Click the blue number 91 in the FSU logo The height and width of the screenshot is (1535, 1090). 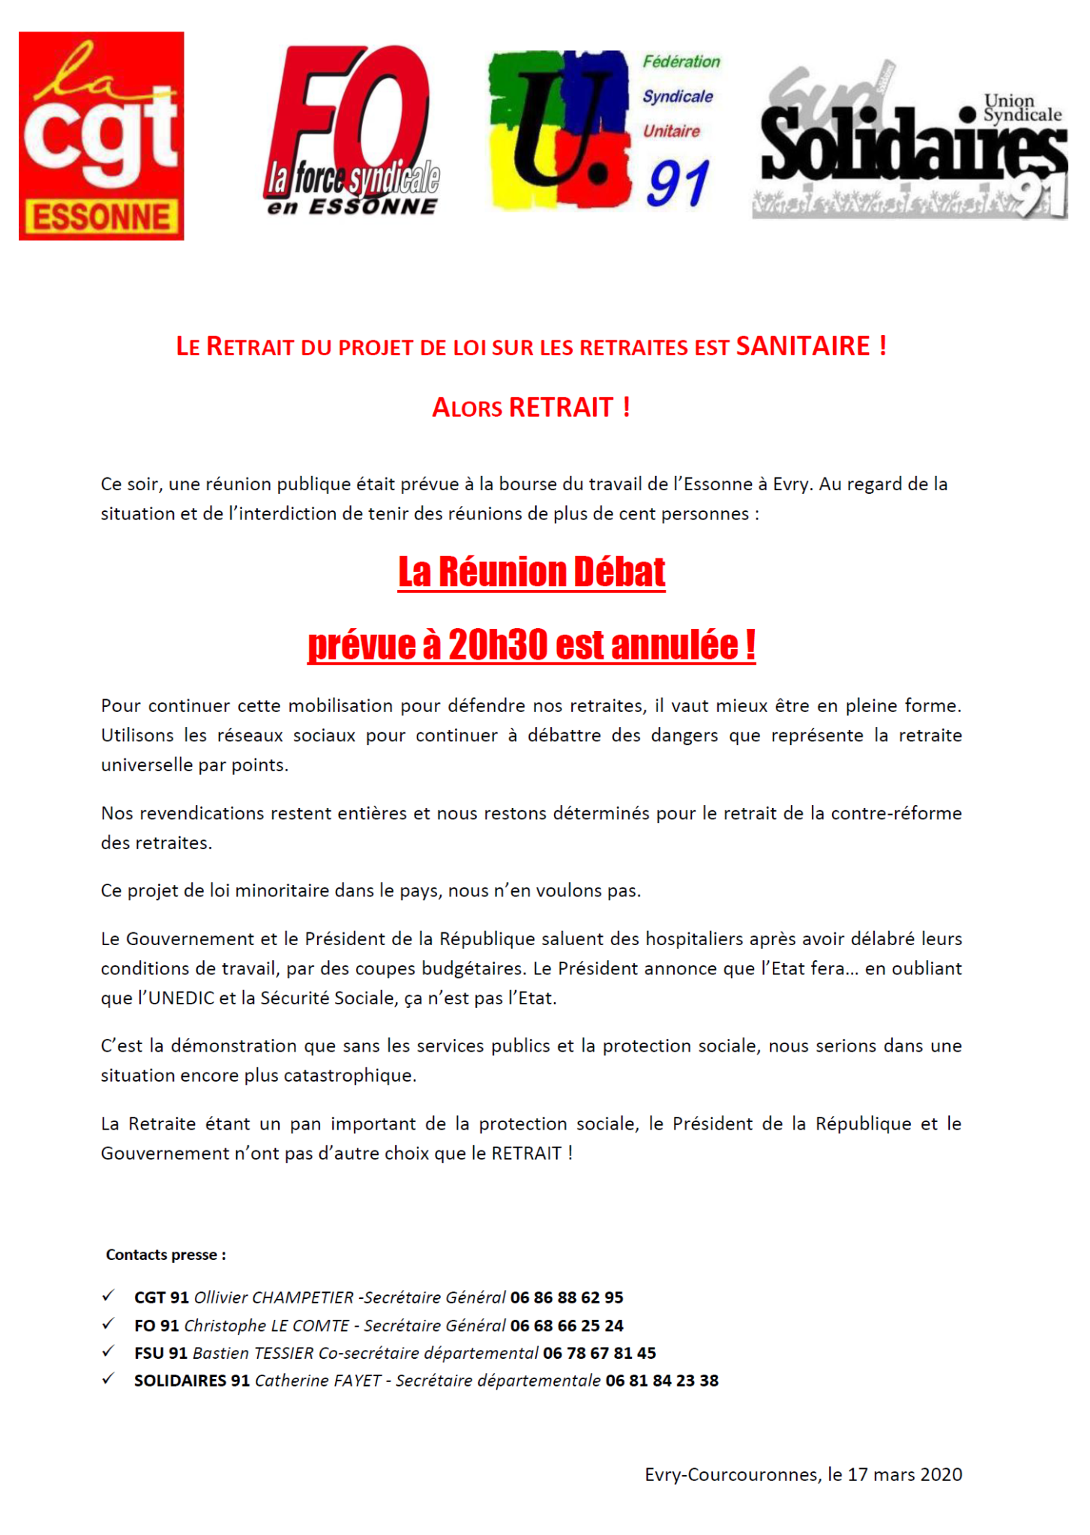pos(678,184)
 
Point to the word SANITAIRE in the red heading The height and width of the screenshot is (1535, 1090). pos(803,346)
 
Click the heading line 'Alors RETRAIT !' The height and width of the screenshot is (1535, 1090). pos(532,408)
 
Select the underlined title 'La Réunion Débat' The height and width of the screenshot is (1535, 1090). pos(532,572)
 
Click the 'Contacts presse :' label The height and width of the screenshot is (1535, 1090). pos(166,1255)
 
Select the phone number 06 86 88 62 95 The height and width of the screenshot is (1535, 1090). pos(567,1297)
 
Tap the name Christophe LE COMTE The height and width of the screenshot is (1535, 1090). pos(266,1325)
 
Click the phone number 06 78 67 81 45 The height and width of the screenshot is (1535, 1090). pos(599,1353)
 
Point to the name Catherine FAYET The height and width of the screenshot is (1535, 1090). pos(318,1381)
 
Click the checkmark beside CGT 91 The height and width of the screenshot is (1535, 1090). pos(109,1296)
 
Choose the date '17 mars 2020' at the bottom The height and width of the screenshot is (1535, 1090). pos(905,1474)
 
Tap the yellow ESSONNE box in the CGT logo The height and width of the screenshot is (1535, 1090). pos(102,218)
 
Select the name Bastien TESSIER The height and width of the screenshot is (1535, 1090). pos(253,1353)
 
